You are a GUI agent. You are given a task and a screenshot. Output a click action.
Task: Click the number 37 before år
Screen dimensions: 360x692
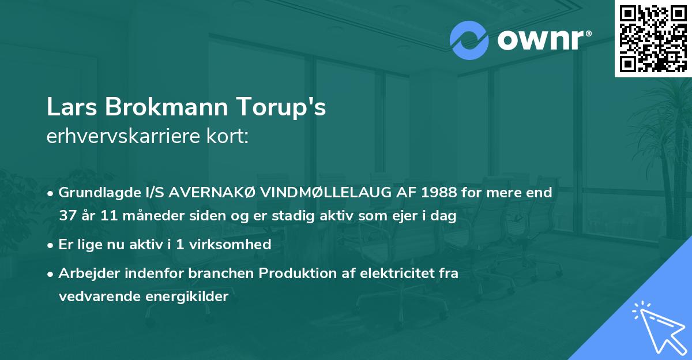point(68,216)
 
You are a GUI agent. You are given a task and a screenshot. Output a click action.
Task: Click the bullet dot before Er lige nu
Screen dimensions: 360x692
point(51,245)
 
